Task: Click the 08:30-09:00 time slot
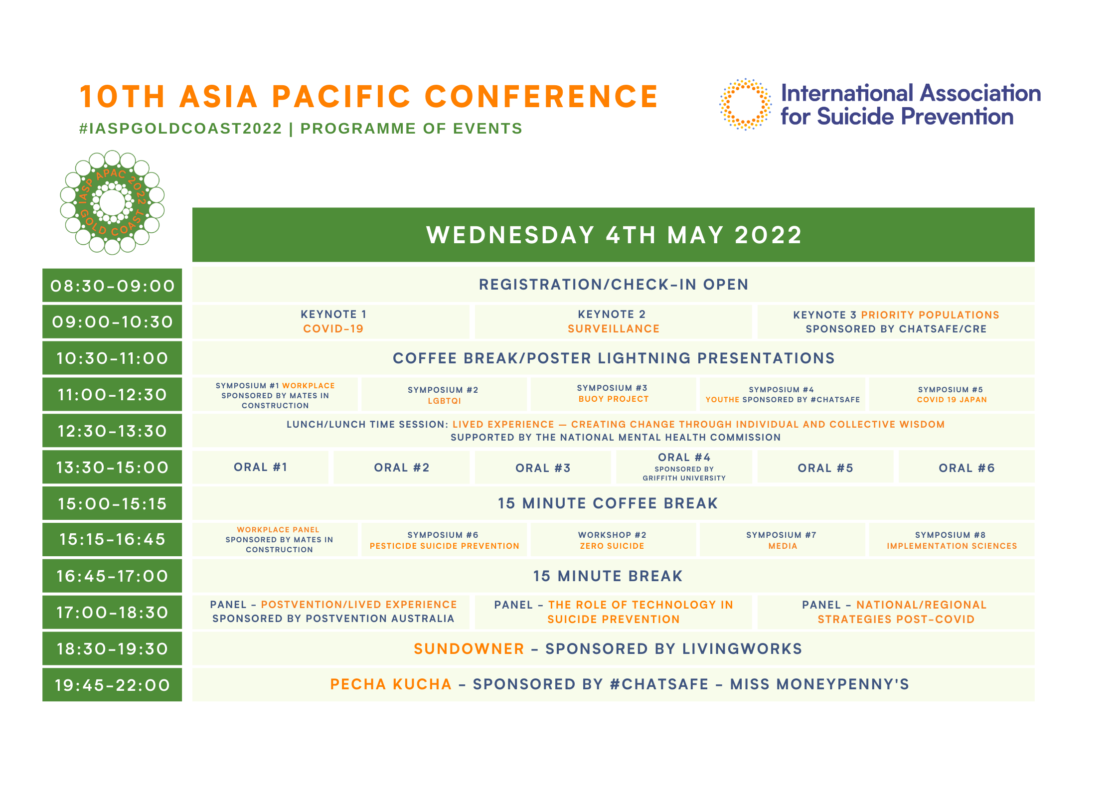(112, 286)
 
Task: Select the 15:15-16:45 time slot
(112, 539)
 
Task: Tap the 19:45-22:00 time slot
(112, 685)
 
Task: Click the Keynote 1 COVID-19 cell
(331, 322)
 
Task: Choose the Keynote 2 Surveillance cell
(613, 322)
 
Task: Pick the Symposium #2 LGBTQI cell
(444, 394)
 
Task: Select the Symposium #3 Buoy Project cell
(613, 394)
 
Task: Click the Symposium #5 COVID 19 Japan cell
(952, 394)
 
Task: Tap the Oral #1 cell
(260, 467)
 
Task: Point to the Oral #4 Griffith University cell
(684, 467)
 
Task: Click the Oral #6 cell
(966, 467)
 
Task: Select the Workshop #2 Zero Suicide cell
(613, 539)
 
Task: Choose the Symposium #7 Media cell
(783, 539)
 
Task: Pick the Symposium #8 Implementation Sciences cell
(952, 539)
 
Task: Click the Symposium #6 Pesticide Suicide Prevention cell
(444, 539)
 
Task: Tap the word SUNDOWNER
(469, 648)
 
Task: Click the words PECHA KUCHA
(391, 684)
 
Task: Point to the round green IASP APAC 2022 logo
(112, 202)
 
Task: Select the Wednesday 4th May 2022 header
(613, 235)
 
